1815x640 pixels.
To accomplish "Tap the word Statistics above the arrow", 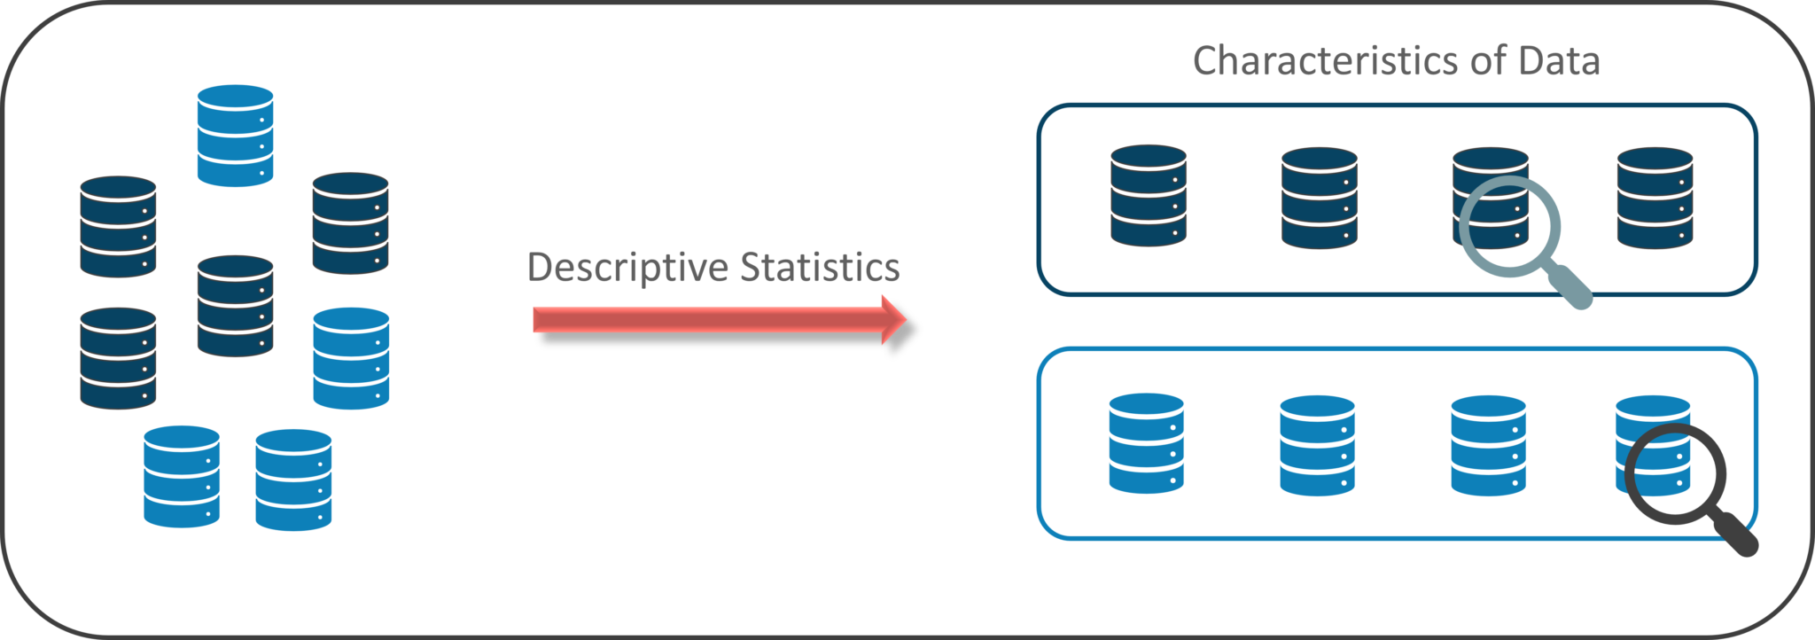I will pos(820,268).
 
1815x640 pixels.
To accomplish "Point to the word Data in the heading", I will pos(1559,61).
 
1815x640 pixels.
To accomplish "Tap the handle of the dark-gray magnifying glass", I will pos(1737,535).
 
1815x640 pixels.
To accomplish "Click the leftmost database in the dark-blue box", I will pos(1149,195).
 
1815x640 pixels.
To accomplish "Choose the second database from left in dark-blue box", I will pos(1320,198).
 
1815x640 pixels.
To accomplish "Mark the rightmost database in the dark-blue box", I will pos(1655,198).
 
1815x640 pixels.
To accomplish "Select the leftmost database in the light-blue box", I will pos(1147,443).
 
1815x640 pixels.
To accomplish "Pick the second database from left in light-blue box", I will pos(1318,445).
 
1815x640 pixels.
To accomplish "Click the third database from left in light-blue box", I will pos(1489,445).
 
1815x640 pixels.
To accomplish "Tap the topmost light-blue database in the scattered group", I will pos(235,136).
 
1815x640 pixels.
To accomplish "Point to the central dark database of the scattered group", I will pos(235,306).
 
